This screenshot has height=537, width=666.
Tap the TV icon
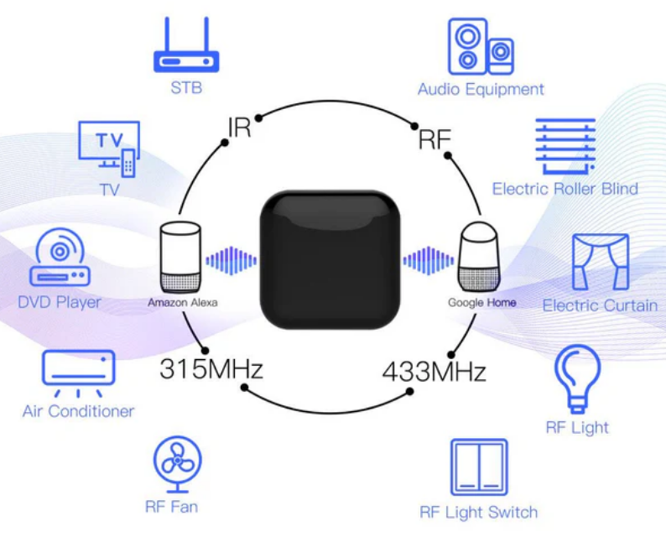[109, 149]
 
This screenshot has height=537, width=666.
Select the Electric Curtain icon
[600, 262]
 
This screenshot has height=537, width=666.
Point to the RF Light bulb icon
[578, 378]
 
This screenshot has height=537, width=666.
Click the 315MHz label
[211, 368]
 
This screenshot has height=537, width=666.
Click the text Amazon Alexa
[182, 302]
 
